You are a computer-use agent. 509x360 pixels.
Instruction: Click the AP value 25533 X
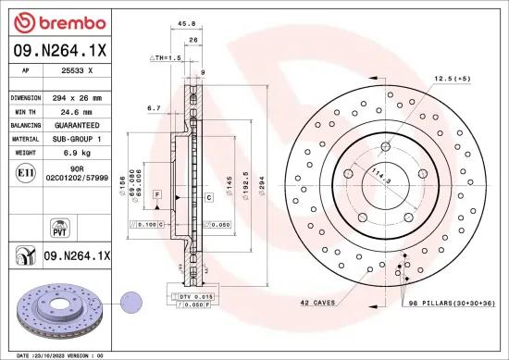(x=78, y=71)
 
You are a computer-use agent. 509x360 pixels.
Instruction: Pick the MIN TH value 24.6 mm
(x=78, y=110)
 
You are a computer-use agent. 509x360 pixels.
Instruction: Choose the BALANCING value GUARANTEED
(x=78, y=124)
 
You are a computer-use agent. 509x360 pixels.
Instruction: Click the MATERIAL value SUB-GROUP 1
(x=78, y=137)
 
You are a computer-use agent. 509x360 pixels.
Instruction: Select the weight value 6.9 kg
(x=78, y=151)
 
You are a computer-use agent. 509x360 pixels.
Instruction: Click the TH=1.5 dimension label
(x=167, y=57)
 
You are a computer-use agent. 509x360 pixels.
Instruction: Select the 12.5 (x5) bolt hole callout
(x=453, y=80)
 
